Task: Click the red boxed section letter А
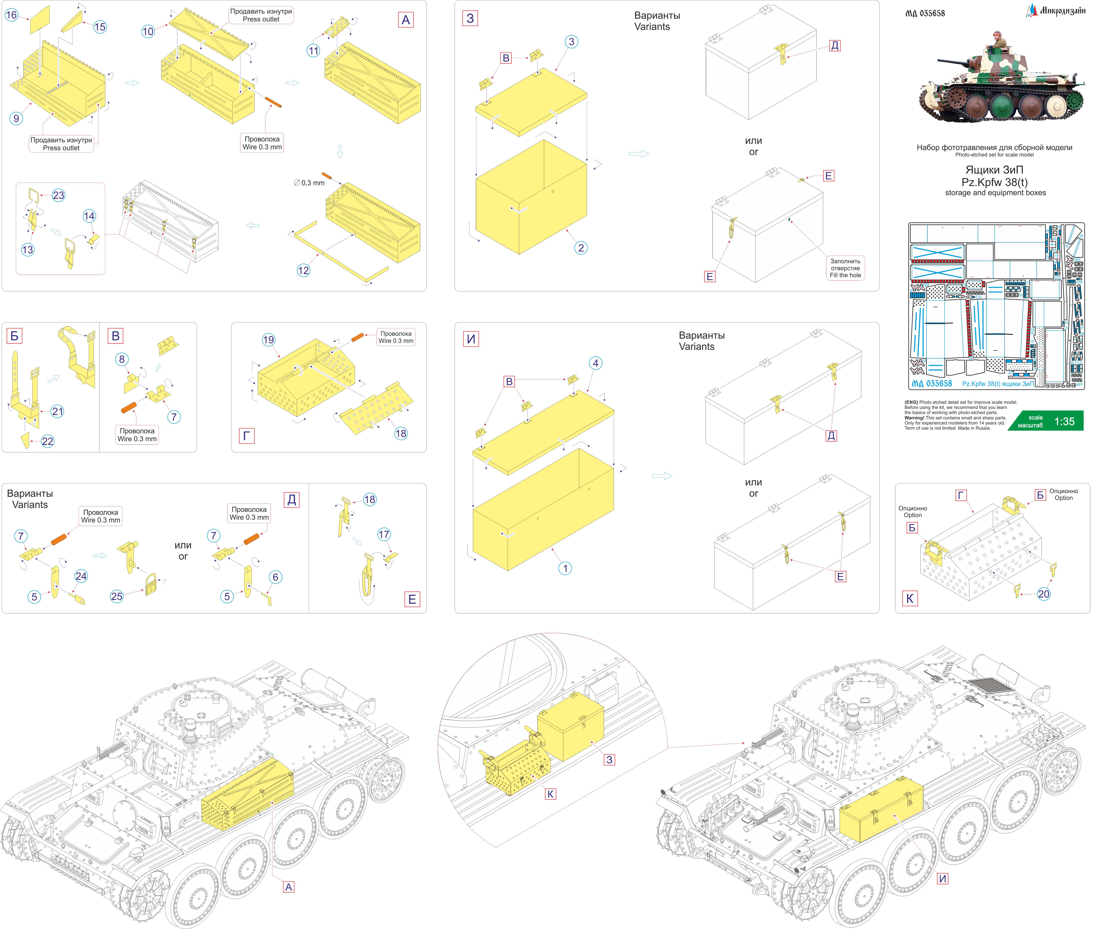406,20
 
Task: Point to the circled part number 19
269,340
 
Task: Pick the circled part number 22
47,441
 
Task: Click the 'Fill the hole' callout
845,268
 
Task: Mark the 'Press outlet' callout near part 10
261,15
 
